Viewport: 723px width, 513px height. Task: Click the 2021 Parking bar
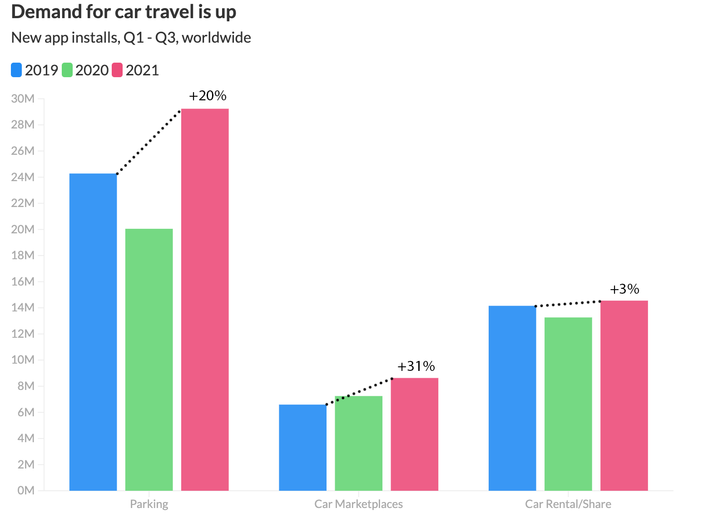click(x=205, y=300)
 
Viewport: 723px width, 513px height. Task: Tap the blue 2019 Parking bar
click(x=93, y=332)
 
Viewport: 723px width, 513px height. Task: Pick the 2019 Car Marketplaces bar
click(x=302, y=447)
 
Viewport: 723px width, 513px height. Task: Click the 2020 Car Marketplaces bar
click(x=358, y=443)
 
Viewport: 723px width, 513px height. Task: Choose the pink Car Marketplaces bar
click(x=414, y=434)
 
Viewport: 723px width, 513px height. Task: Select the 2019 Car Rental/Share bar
click(x=512, y=398)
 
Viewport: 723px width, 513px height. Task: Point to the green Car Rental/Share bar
click(x=568, y=404)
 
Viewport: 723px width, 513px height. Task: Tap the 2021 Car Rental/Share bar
click(x=624, y=395)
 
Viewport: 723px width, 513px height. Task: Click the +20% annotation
click(x=208, y=96)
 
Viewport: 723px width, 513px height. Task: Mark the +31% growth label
click(x=416, y=366)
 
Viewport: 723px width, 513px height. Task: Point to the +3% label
click(x=624, y=289)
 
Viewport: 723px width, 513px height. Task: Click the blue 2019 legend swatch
click(x=16, y=70)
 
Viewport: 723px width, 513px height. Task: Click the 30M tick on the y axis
click(x=23, y=99)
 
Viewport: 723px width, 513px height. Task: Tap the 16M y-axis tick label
click(x=23, y=281)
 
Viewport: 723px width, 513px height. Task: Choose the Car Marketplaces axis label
click(x=358, y=504)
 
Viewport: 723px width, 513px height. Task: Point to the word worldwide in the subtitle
click(x=216, y=37)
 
